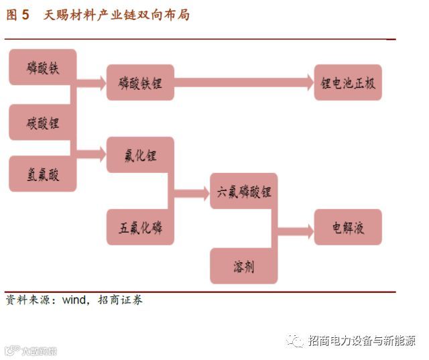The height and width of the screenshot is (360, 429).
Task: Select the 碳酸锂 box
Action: point(43,122)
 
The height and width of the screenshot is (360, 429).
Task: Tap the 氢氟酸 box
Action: point(43,174)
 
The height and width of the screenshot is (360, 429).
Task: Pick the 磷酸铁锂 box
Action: point(140,82)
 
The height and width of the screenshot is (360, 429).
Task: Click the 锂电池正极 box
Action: point(348,82)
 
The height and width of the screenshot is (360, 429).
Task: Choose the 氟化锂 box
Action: point(140,155)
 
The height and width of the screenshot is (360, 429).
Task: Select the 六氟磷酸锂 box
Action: point(244,191)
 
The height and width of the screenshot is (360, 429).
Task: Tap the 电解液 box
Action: point(348,227)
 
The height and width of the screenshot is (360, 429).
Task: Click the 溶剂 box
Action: point(244,265)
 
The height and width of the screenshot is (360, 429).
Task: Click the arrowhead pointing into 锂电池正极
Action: point(309,82)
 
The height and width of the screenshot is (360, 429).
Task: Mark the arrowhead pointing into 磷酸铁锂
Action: point(101,82)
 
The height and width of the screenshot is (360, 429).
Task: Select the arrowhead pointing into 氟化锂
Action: point(101,155)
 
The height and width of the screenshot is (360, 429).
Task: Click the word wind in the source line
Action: point(74,300)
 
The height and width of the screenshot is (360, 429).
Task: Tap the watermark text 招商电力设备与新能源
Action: point(361,341)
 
